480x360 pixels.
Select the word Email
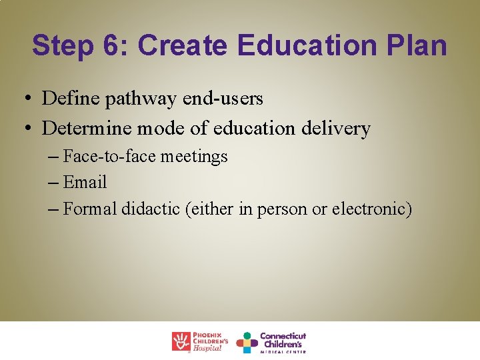click(x=85, y=182)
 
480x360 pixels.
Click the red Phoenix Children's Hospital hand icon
click(x=181, y=341)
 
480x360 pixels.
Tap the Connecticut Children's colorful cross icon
click(x=247, y=342)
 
